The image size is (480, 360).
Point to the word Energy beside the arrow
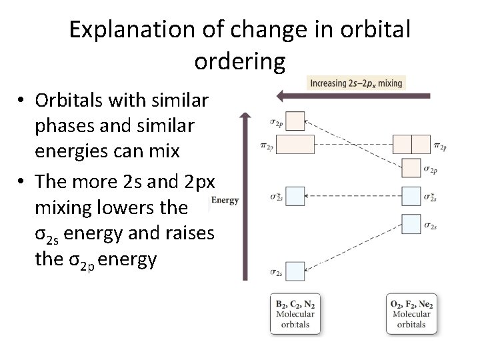click(225, 200)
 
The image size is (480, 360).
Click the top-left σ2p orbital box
click(295, 121)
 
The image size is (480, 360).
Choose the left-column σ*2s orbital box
click(295, 196)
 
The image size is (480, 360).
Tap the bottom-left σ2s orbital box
click(295, 271)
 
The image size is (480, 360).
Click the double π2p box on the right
click(411, 144)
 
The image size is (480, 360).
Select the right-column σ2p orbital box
click(411, 167)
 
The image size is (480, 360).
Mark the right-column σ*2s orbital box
click(411, 197)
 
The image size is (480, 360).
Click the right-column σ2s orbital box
click(411, 224)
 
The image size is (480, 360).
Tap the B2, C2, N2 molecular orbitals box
click(296, 314)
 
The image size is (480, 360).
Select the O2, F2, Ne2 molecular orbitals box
click(412, 314)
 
